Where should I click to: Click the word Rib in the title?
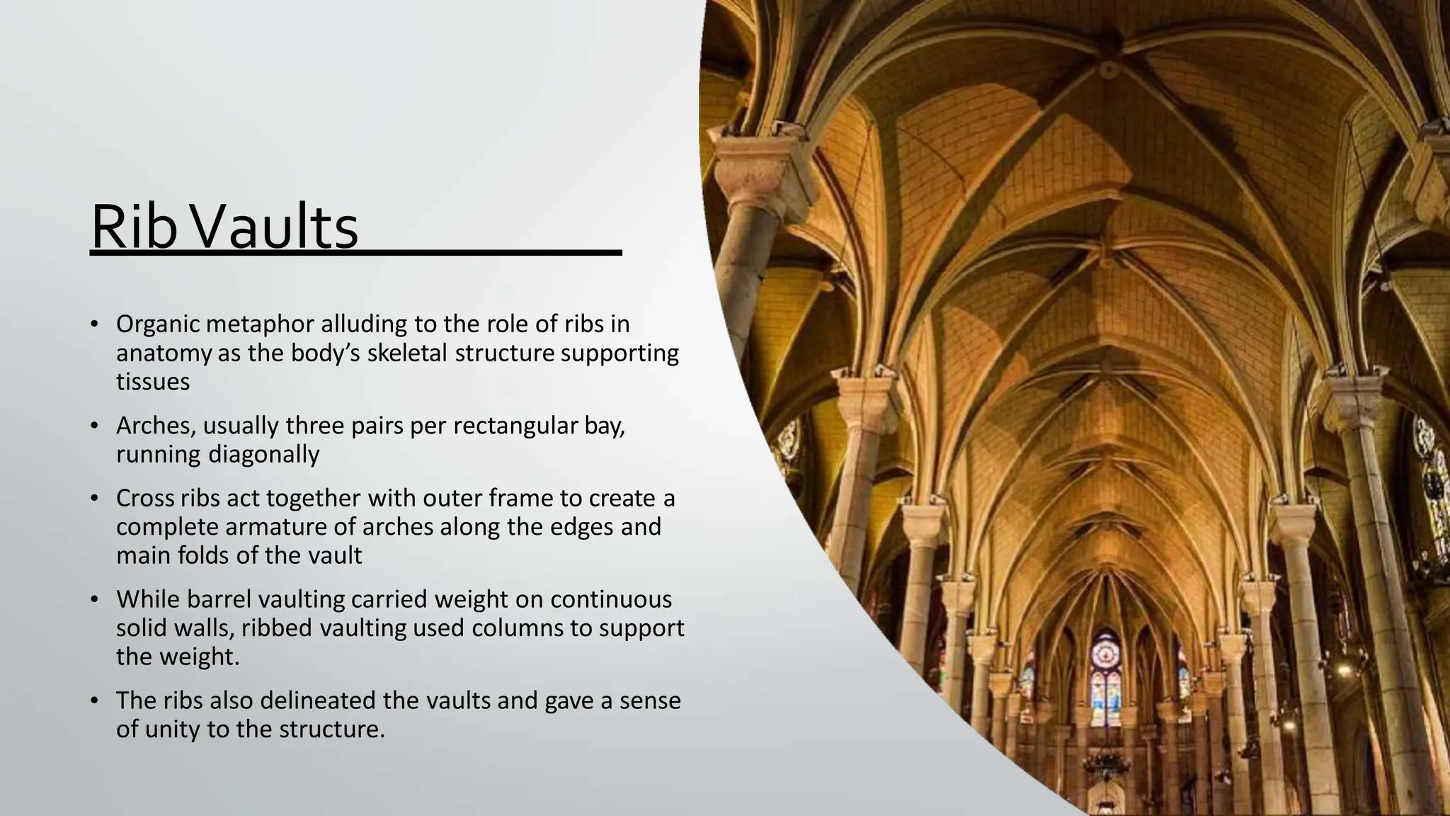click(132, 228)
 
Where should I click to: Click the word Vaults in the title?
click(275, 228)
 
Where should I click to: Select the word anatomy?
click(164, 353)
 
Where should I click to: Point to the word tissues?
click(153, 382)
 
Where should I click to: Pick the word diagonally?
click(263, 454)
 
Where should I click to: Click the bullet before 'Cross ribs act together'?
click(93, 499)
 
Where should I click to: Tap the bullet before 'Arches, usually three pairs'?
click(93, 427)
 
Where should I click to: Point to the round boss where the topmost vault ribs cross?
click(1105, 69)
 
